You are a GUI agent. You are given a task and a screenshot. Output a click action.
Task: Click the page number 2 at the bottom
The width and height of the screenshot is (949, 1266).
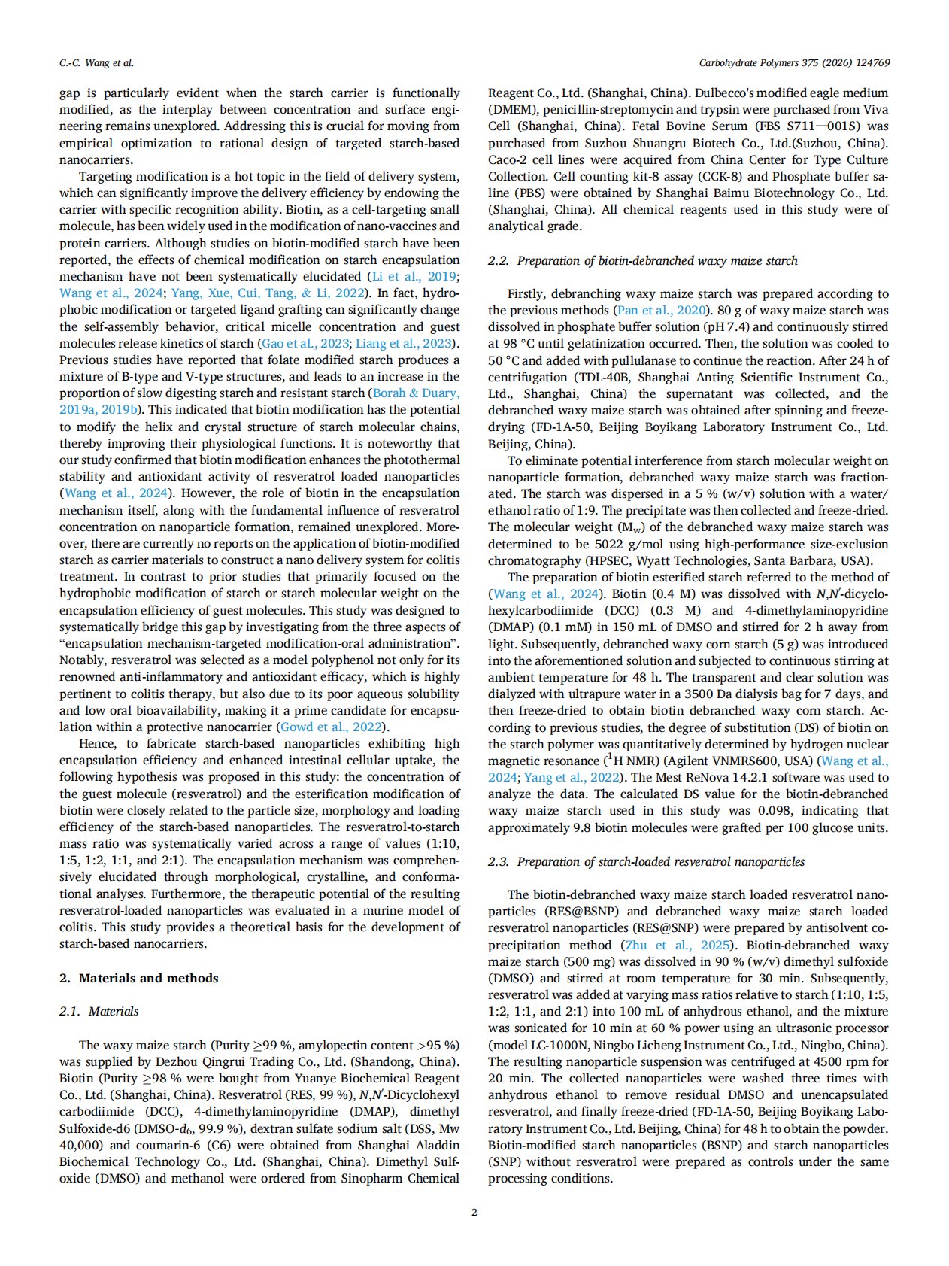[474, 1212]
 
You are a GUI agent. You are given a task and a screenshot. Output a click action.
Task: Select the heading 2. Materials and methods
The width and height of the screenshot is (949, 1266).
[139, 978]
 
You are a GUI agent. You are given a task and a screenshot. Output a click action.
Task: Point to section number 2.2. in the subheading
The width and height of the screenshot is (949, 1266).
[499, 260]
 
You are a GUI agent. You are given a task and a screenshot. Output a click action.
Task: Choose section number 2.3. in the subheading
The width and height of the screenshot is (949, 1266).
[499, 861]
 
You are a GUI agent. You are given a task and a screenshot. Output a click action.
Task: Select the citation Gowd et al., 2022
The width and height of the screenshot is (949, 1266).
[332, 727]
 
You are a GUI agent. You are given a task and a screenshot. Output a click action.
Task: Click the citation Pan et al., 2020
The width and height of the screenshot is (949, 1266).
[661, 310]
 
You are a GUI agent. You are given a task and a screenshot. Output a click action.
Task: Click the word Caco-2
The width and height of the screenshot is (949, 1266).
[508, 159]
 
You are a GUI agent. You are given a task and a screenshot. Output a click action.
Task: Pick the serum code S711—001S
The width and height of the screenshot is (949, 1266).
[811, 126]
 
